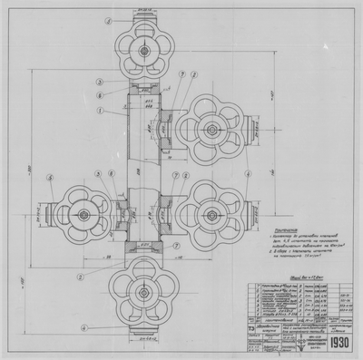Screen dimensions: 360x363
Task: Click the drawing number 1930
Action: (x=332, y=345)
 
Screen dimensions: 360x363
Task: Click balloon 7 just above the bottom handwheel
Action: (x=163, y=255)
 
